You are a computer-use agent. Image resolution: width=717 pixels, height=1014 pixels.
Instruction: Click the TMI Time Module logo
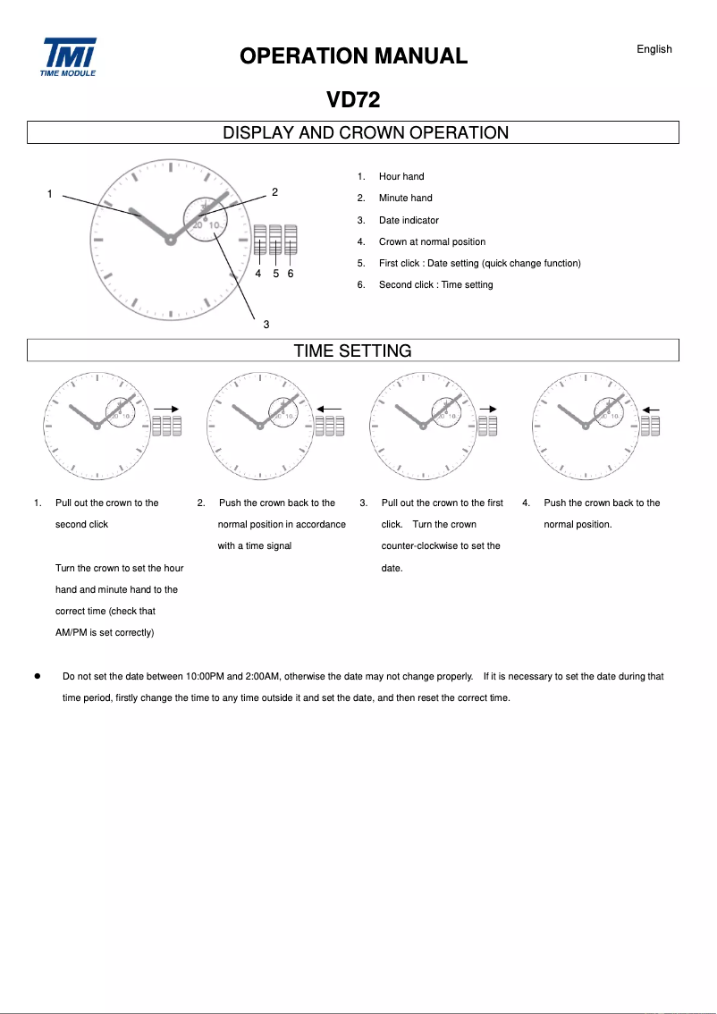tap(68, 56)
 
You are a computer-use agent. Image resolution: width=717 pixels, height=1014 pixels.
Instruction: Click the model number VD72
tap(353, 100)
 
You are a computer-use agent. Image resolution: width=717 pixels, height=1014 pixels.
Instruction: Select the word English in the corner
tap(654, 49)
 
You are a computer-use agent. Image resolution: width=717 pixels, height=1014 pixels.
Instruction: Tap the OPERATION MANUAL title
tap(353, 56)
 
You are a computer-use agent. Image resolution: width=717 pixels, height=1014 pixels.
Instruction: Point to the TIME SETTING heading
tap(353, 351)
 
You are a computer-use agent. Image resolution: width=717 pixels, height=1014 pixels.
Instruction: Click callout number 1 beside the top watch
tap(50, 193)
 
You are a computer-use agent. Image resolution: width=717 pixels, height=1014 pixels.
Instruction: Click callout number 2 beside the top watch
tap(274, 191)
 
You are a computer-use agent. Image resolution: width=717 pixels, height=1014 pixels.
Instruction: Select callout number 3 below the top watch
tap(266, 324)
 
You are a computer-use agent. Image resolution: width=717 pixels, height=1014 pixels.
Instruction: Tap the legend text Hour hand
tap(401, 177)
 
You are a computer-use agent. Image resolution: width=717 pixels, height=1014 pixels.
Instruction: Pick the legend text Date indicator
tap(409, 220)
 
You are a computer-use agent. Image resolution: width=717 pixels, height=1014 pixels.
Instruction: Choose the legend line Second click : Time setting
tap(435, 284)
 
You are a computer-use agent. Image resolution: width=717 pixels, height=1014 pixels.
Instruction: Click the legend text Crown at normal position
tap(432, 241)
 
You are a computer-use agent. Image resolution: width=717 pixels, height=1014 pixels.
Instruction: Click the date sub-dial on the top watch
tap(206, 219)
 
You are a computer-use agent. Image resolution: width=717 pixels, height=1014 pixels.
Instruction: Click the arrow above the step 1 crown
tap(166, 408)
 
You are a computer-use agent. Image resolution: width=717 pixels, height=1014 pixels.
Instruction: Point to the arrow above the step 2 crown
tap(329, 409)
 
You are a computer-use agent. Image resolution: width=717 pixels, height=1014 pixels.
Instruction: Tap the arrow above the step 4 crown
tap(650, 409)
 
